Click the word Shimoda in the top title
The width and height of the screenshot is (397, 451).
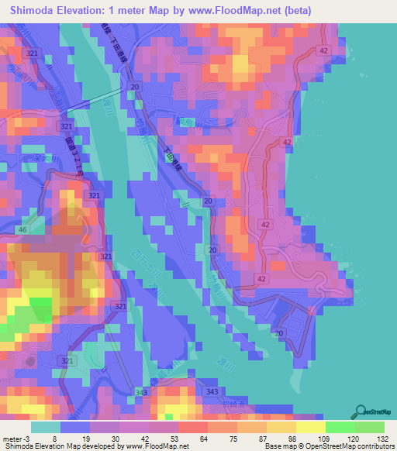tap(34, 10)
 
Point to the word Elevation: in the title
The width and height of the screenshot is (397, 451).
tap(95, 10)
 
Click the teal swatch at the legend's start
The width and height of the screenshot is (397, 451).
tap(46, 427)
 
